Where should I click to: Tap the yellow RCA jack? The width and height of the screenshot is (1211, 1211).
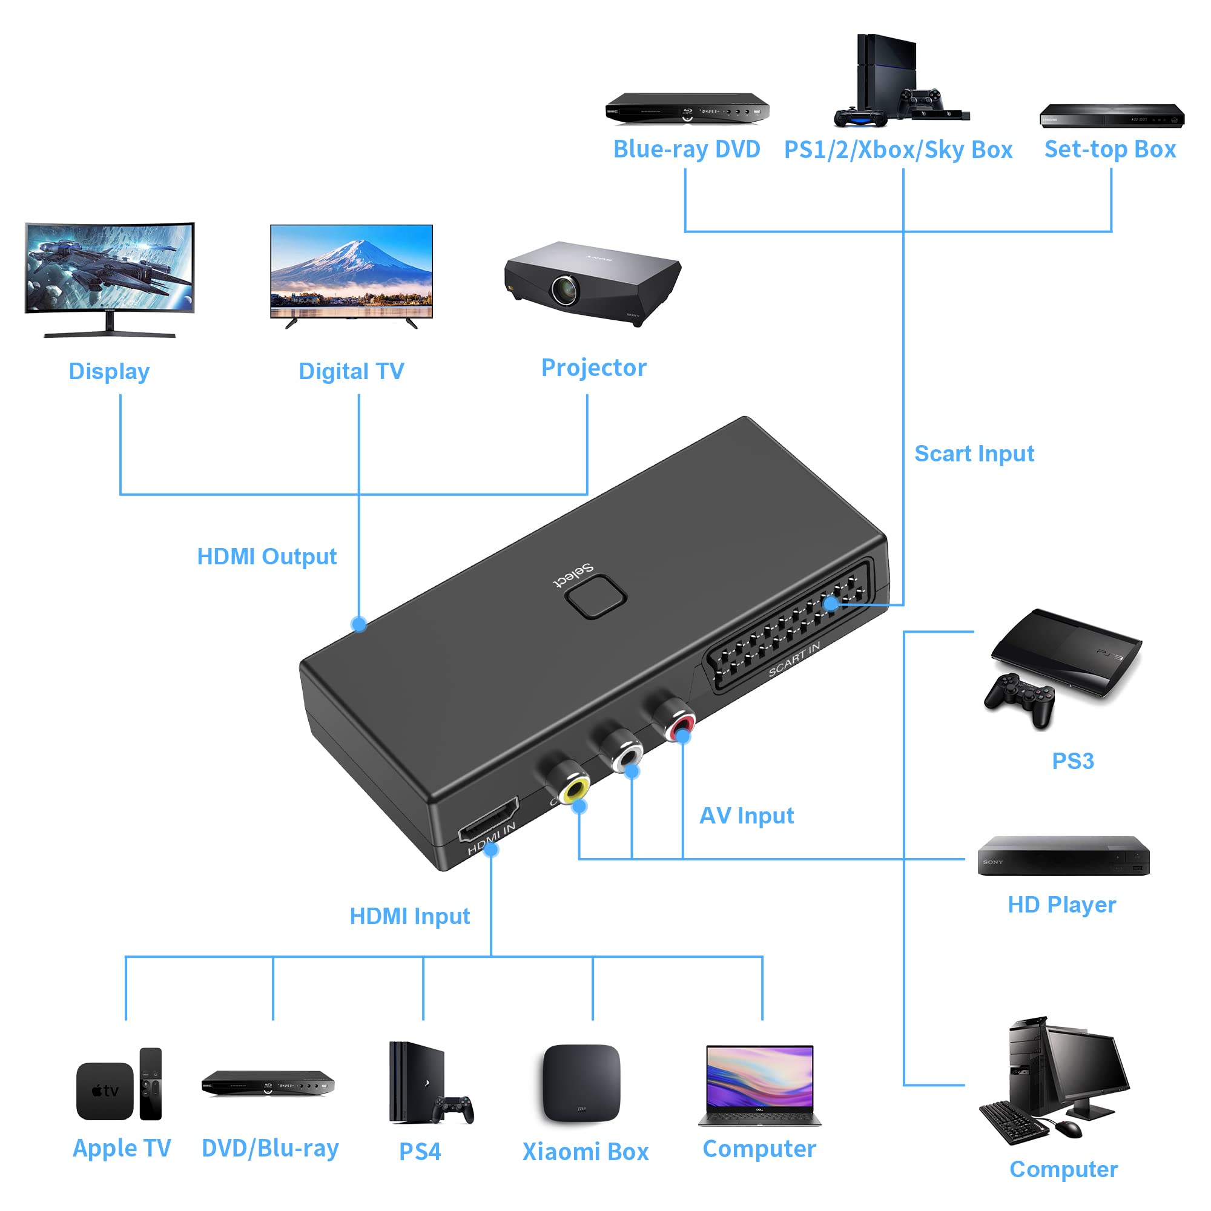(575, 787)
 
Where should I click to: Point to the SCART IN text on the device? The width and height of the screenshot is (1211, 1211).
(794, 660)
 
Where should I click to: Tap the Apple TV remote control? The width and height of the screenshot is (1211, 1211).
(150, 1084)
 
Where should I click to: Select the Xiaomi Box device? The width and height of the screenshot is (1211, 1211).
(581, 1083)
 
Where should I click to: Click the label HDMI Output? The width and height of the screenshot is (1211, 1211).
(266, 556)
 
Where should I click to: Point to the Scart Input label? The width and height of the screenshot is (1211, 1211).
(974, 454)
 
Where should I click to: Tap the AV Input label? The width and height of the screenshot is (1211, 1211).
(746, 816)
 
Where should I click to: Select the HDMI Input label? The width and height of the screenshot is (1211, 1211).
(409, 916)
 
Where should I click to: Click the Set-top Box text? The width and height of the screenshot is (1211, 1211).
(1109, 150)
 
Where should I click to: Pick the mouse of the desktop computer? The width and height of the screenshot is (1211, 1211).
(1068, 1129)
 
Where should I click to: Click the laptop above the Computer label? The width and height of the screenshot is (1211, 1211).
(759, 1085)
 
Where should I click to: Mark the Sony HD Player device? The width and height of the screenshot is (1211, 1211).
(1063, 856)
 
